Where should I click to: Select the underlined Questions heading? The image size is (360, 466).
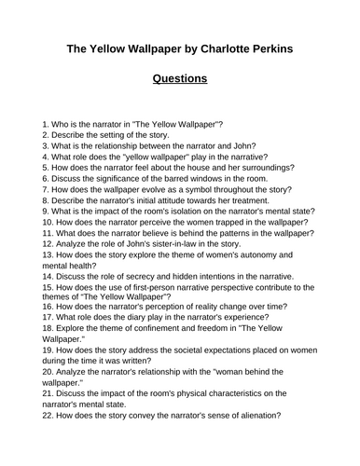click(x=180, y=79)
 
